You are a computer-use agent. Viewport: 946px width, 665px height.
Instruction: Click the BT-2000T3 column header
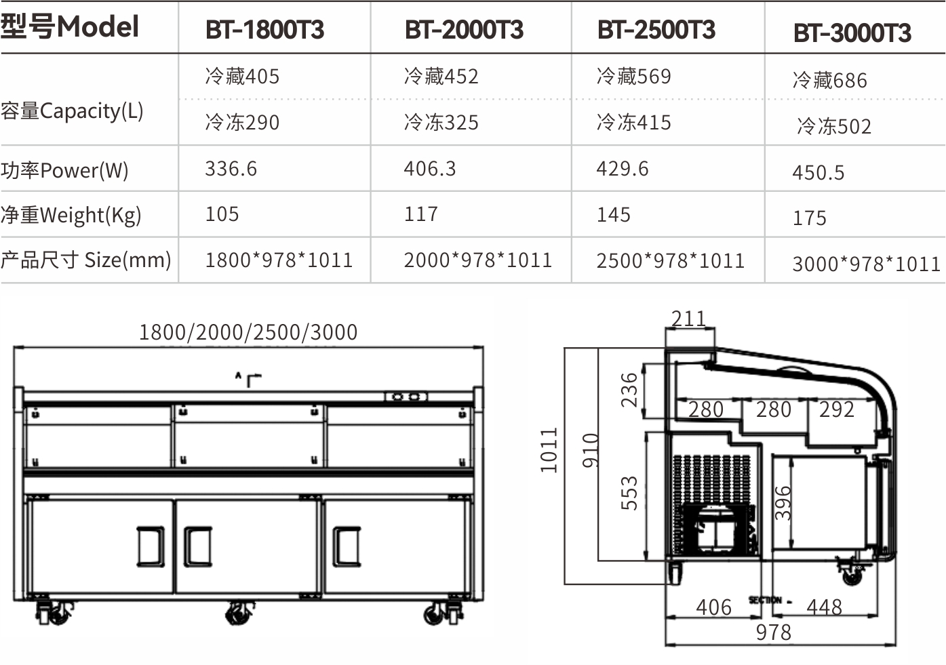464,30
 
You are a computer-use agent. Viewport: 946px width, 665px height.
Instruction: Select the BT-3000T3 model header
852,33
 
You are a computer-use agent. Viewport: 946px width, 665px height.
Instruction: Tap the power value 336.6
231,169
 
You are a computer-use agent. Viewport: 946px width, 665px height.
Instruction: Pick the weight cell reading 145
613,214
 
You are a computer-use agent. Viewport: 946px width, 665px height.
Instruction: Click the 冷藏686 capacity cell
830,80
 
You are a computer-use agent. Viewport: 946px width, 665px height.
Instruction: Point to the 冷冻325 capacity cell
441,123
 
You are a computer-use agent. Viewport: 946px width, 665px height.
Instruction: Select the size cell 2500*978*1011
670,260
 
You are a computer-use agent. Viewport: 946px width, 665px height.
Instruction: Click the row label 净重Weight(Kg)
71,215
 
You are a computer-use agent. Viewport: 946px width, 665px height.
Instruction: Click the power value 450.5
818,173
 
